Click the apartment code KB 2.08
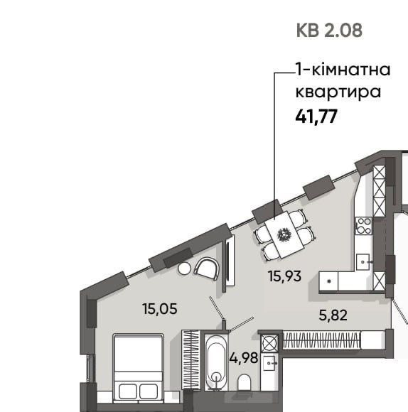(x=328, y=31)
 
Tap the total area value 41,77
(x=316, y=116)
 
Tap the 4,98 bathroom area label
(x=242, y=357)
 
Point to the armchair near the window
(x=207, y=269)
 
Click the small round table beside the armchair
(x=184, y=268)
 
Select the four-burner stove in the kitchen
(x=363, y=226)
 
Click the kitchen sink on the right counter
(x=365, y=261)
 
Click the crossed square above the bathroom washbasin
(x=269, y=341)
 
